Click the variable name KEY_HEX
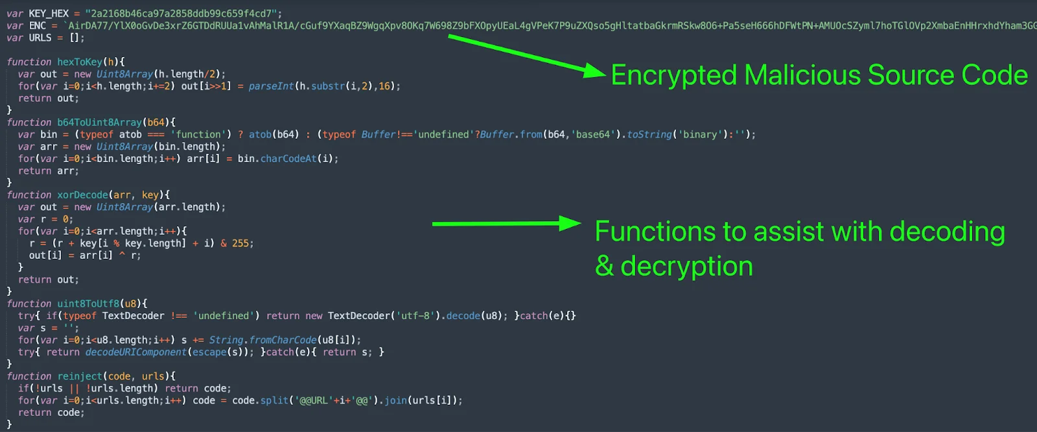[x=49, y=14]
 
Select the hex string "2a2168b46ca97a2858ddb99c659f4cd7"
[x=183, y=14]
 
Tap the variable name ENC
[x=38, y=25]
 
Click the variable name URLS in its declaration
[x=40, y=38]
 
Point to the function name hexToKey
[x=80, y=62]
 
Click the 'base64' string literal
[x=593, y=134]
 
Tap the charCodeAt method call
[x=288, y=158]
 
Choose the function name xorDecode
[x=82, y=195]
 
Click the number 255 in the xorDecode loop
[x=240, y=243]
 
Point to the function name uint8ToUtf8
[x=88, y=304]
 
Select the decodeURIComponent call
[x=136, y=352]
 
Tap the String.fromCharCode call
[x=262, y=341]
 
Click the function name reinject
[x=80, y=376]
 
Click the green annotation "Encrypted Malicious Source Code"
[x=819, y=75]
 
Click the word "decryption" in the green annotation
[x=686, y=267]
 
